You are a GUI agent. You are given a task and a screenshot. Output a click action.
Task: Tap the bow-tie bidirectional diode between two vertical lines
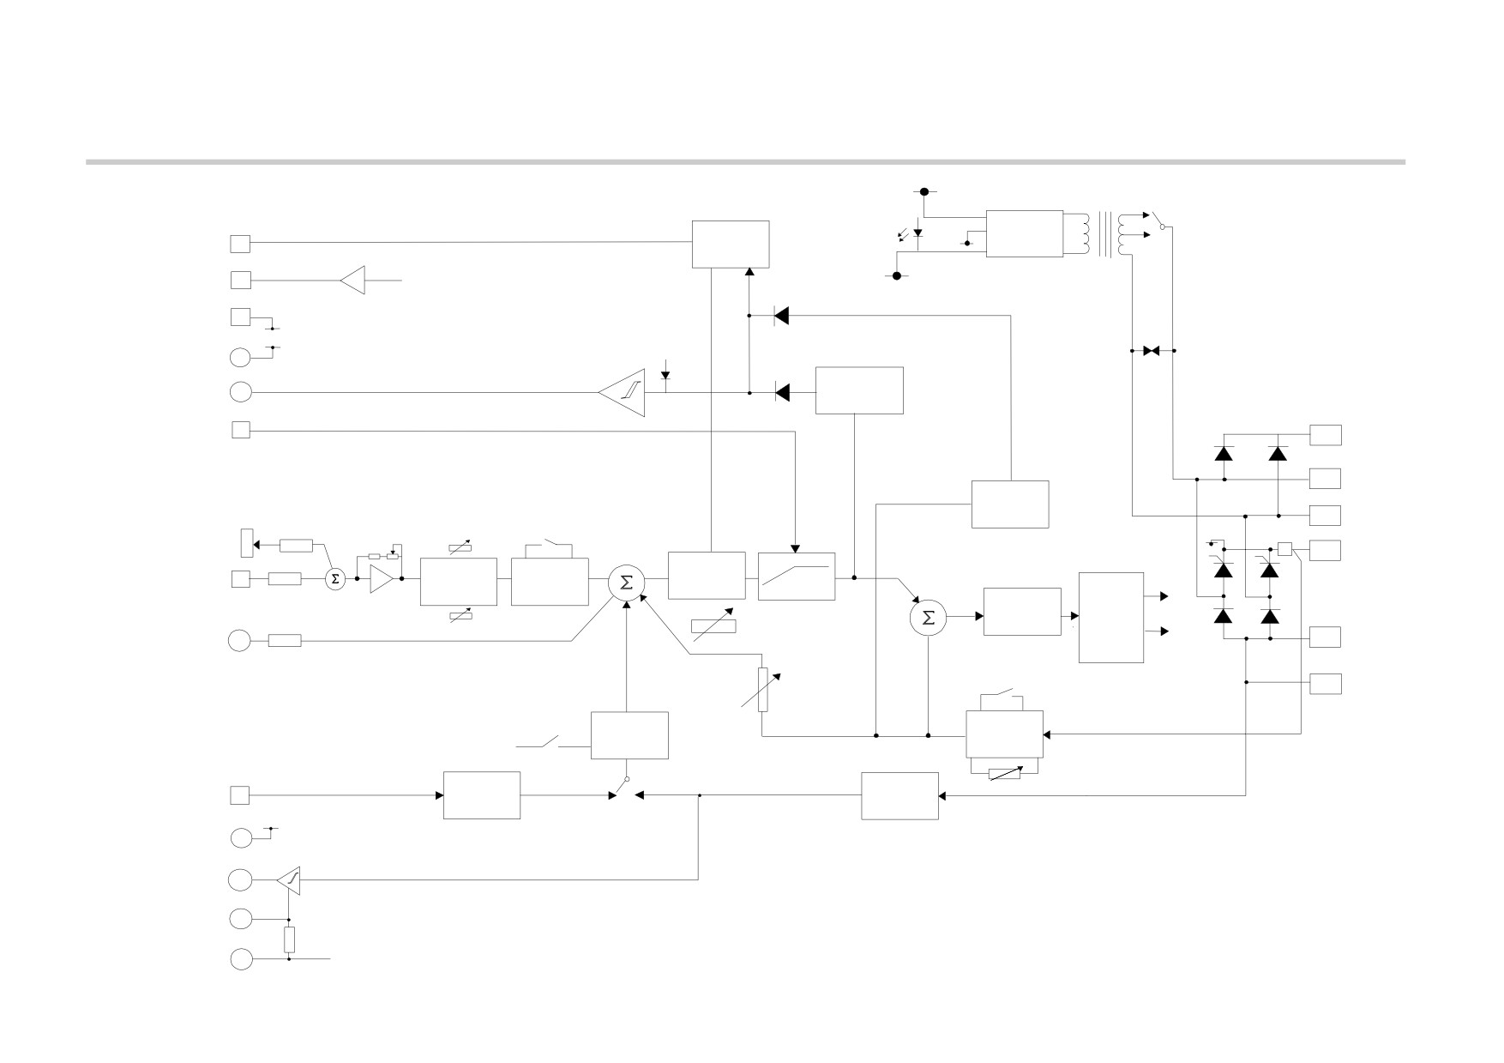pyautogui.click(x=1152, y=351)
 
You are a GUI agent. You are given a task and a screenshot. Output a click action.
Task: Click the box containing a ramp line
pyautogui.click(x=797, y=577)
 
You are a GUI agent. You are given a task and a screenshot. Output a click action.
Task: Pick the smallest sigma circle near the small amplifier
pyautogui.click(x=335, y=579)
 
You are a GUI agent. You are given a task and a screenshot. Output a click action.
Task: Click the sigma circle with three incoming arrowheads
pyautogui.click(x=626, y=583)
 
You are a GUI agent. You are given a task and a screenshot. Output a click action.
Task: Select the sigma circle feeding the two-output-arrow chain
pyautogui.click(x=928, y=617)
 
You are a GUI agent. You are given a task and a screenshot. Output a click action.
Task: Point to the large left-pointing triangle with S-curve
pyautogui.click(x=621, y=393)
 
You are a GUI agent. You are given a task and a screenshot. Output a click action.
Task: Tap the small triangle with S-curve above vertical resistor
pyautogui.click(x=289, y=880)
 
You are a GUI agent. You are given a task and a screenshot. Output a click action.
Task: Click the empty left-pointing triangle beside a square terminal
pyautogui.click(x=352, y=280)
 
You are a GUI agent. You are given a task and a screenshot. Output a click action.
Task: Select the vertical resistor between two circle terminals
pyautogui.click(x=289, y=940)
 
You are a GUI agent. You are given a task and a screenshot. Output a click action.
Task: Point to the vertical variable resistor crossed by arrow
pyautogui.click(x=762, y=691)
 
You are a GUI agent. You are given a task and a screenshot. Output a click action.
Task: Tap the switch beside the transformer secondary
pyautogui.click(x=1158, y=220)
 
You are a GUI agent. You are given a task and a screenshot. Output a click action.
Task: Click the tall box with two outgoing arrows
pyautogui.click(x=1111, y=618)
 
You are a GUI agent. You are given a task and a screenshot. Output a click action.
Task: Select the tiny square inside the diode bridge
pyautogui.click(x=1284, y=549)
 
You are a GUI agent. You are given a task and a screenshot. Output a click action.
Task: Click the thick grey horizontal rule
pyautogui.click(x=745, y=161)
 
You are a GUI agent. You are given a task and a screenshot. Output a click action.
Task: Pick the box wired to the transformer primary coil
pyautogui.click(x=1025, y=233)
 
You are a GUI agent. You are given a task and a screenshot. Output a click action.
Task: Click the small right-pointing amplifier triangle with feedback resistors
pyautogui.click(x=382, y=579)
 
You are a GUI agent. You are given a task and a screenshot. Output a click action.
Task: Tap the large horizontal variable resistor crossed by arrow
pyautogui.click(x=713, y=626)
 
